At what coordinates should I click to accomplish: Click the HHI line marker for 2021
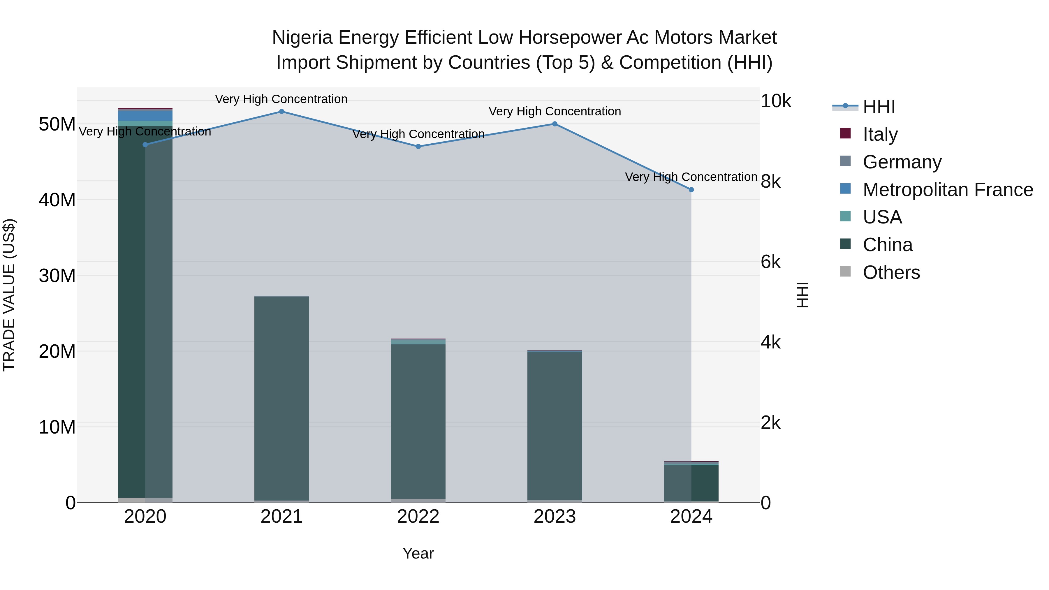[x=281, y=112]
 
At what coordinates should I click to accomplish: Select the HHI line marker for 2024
[x=691, y=190]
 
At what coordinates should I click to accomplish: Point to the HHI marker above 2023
[x=555, y=124]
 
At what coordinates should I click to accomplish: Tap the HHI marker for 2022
[x=418, y=147]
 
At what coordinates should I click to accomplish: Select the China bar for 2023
[x=555, y=425]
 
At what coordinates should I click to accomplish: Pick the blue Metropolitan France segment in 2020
[x=145, y=116]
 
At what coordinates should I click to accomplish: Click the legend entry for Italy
[x=880, y=134]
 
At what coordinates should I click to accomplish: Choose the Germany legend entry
[x=902, y=162]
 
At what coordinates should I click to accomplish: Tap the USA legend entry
[x=882, y=217]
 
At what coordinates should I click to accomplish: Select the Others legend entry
[x=891, y=272]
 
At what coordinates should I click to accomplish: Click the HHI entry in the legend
[x=879, y=107]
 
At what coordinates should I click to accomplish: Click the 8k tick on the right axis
[x=770, y=181]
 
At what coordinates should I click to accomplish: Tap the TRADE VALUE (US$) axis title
[x=9, y=295]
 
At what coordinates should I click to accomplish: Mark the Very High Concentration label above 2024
[x=691, y=177]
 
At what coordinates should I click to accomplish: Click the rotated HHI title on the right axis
[x=802, y=295]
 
